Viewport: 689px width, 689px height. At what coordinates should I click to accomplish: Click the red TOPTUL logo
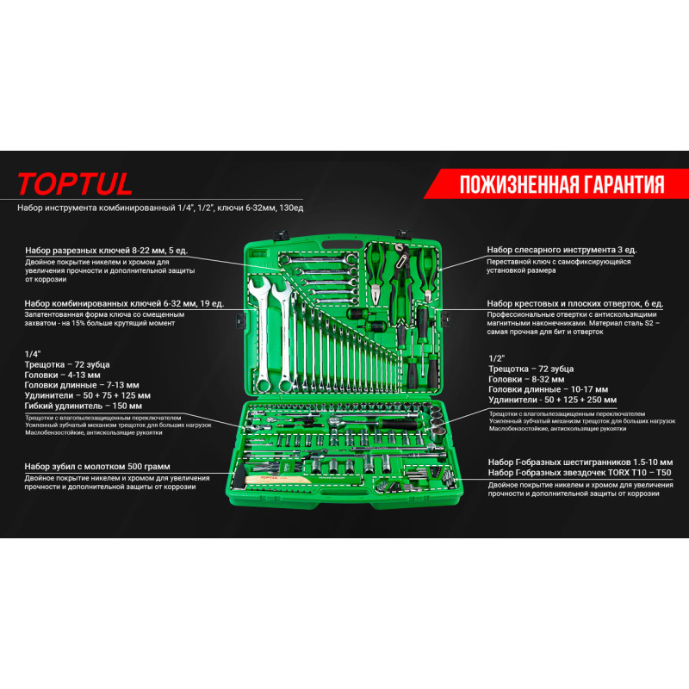(75, 183)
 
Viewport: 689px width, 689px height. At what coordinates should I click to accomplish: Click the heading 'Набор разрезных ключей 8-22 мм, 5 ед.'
(106, 251)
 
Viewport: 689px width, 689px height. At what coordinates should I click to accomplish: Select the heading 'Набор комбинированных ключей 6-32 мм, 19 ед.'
(124, 304)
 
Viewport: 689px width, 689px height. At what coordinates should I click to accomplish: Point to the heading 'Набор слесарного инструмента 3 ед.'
(562, 250)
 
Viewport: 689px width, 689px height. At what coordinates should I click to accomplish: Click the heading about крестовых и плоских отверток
(575, 304)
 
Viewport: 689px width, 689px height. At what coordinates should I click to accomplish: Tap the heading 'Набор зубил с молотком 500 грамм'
(97, 466)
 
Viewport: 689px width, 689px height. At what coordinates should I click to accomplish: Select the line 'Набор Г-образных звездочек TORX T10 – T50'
(580, 473)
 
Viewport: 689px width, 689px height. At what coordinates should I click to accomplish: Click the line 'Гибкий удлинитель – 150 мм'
(83, 406)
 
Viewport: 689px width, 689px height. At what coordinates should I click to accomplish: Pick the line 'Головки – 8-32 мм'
(526, 379)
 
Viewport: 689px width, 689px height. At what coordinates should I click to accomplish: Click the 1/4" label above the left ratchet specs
(33, 354)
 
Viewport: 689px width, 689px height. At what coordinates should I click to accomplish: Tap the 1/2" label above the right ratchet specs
(497, 358)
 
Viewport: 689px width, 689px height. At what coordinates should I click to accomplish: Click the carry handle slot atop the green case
(342, 245)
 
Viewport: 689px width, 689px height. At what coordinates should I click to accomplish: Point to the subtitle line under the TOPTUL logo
(160, 208)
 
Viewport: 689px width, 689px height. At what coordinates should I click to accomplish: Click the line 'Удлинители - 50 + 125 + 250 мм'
(552, 400)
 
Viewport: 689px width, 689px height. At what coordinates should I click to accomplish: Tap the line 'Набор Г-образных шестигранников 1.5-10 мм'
(580, 462)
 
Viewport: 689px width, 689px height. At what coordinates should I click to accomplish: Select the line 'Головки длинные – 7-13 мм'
(82, 385)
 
